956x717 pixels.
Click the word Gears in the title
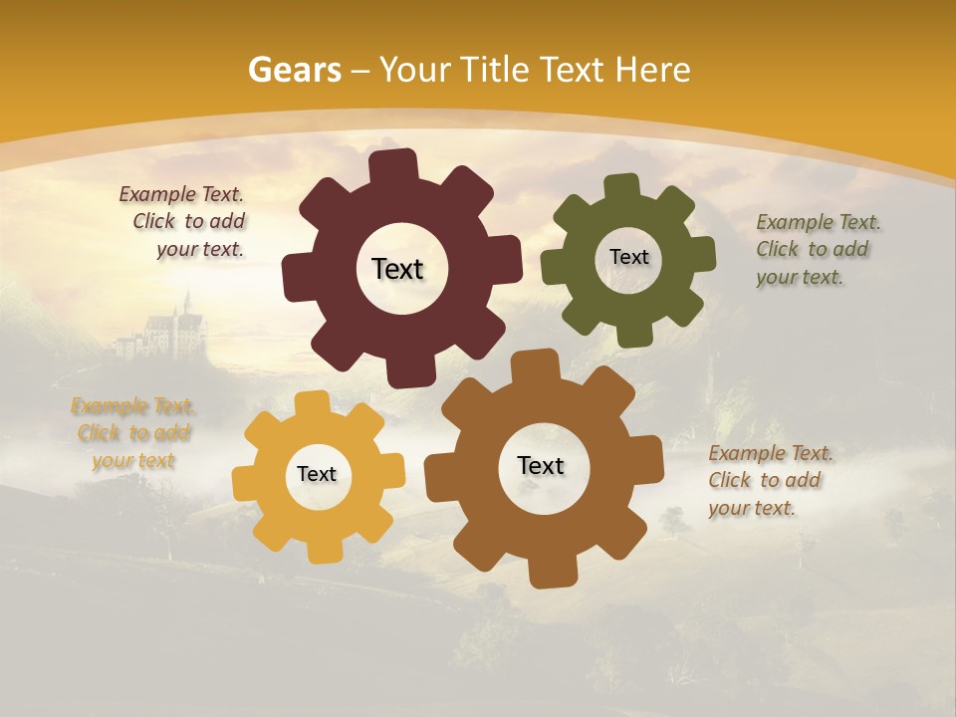click(295, 70)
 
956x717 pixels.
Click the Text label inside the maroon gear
click(397, 269)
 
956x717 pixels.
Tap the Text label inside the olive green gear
click(628, 257)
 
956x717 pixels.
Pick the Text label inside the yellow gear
click(317, 474)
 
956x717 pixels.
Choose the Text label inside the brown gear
click(541, 465)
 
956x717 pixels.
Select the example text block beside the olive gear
click(818, 249)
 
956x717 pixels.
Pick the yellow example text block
click(133, 432)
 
